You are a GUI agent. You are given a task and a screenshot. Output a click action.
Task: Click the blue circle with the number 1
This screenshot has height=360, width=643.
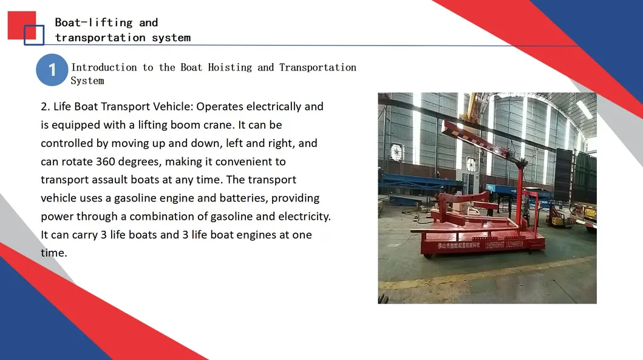(52, 70)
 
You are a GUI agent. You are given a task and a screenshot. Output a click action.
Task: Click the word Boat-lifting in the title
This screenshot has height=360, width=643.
(94, 22)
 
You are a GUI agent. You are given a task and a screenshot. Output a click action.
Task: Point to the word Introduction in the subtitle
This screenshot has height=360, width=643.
(104, 67)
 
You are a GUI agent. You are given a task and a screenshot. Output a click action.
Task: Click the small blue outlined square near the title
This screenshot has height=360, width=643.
(34, 35)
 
